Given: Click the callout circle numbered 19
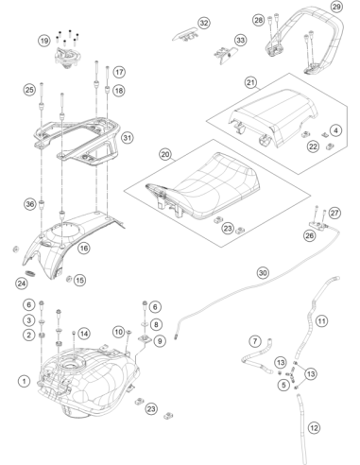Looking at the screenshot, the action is (44, 41).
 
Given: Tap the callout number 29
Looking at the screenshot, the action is (336, 7).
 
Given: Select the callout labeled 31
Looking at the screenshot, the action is (128, 138).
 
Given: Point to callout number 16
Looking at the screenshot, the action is (84, 248).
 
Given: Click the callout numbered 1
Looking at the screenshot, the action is (24, 381).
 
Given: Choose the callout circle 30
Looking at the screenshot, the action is (263, 272).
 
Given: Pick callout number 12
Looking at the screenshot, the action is (314, 428).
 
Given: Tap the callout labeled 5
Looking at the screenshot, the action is (284, 385).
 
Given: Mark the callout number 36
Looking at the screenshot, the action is (30, 204).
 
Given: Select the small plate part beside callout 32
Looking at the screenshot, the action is (186, 34).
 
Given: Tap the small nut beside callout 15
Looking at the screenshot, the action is (68, 279).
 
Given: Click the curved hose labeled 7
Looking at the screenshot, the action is (257, 357).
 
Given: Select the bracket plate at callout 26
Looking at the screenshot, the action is (318, 225).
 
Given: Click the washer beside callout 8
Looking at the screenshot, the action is (145, 324).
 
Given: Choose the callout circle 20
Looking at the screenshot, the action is (165, 154).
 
